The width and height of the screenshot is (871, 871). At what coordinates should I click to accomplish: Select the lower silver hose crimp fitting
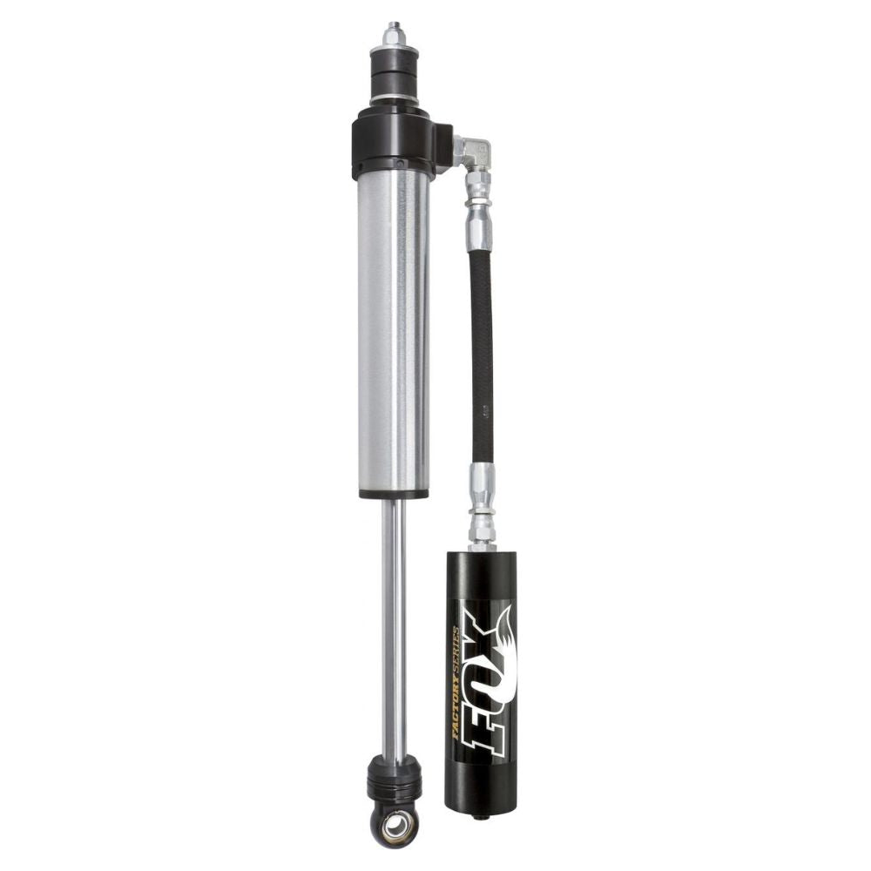tap(482, 492)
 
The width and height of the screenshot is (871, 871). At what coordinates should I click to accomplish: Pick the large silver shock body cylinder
tap(393, 331)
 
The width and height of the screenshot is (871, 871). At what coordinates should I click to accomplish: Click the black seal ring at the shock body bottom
tap(393, 494)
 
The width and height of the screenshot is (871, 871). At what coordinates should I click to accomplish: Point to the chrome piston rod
tap(394, 627)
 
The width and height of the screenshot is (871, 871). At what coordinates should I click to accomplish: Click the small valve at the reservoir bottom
tap(480, 816)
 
